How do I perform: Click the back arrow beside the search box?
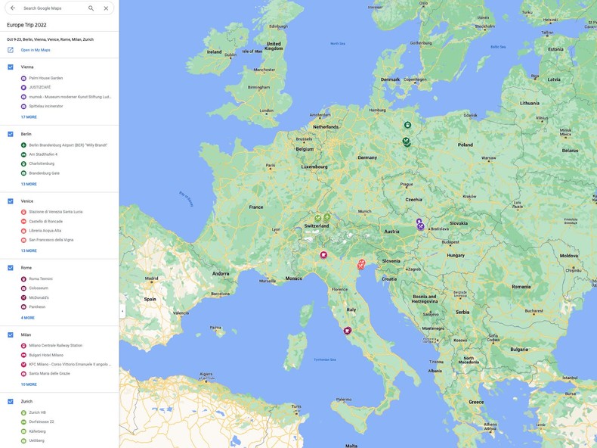(x=12, y=8)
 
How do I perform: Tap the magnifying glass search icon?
(x=91, y=8)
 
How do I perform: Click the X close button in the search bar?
(x=106, y=8)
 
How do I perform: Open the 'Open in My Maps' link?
(x=36, y=50)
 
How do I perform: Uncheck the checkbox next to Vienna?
(x=11, y=67)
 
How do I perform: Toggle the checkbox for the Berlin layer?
(x=11, y=134)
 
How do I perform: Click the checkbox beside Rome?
(x=11, y=268)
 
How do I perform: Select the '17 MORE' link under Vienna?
(x=29, y=117)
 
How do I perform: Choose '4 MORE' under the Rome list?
(x=28, y=318)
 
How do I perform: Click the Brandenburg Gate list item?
(x=45, y=173)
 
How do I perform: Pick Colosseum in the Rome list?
(x=39, y=288)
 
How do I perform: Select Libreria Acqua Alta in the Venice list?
(x=45, y=231)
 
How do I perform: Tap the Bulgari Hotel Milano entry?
(x=46, y=355)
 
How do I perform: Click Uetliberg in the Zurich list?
(x=36, y=440)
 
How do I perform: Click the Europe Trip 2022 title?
(x=26, y=25)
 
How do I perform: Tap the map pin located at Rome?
(x=348, y=331)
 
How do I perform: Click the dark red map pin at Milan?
(x=323, y=255)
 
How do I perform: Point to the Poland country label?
(x=465, y=145)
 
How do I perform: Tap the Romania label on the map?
(x=521, y=287)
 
